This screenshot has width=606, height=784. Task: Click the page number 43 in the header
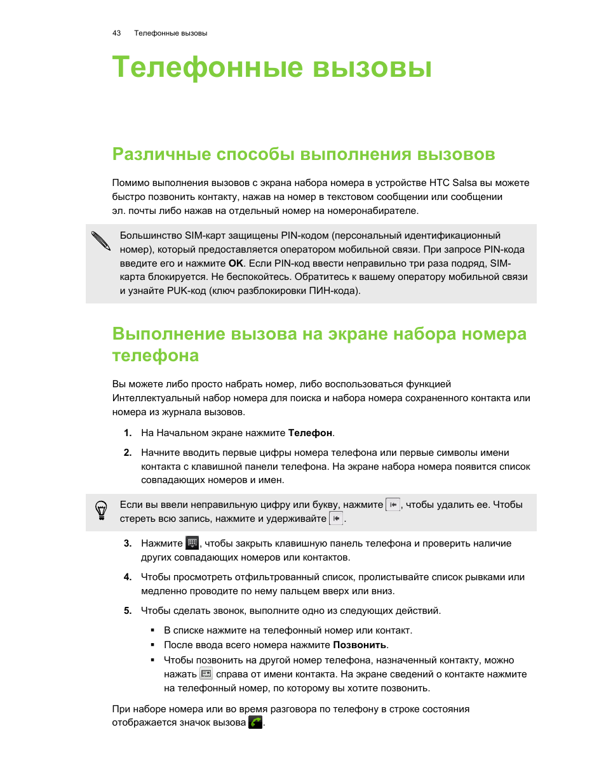point(116,33)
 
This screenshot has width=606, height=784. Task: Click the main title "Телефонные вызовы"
point(272,67)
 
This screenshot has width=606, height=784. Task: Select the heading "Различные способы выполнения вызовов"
point(304,154)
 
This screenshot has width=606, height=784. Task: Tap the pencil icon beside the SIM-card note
point(100,241)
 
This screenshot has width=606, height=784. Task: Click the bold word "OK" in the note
point(236,263)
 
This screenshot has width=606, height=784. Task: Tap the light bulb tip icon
point(101,510)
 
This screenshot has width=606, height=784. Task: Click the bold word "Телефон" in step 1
point(310,433)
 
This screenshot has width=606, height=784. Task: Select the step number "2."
point(128,453)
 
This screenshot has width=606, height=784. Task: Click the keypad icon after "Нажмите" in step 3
point(192,543)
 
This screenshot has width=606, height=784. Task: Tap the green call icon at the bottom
point(255,722)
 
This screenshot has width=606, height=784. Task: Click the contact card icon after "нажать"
point(206,674)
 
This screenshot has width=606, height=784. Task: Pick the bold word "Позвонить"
point(360,645)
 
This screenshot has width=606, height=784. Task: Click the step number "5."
point(128,611)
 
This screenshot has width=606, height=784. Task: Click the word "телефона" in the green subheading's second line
point(156,355)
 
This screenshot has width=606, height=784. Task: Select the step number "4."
point(128,577)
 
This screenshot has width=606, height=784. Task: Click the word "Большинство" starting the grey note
point(151,236)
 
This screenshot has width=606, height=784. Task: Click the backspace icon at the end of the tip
point(336,519)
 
